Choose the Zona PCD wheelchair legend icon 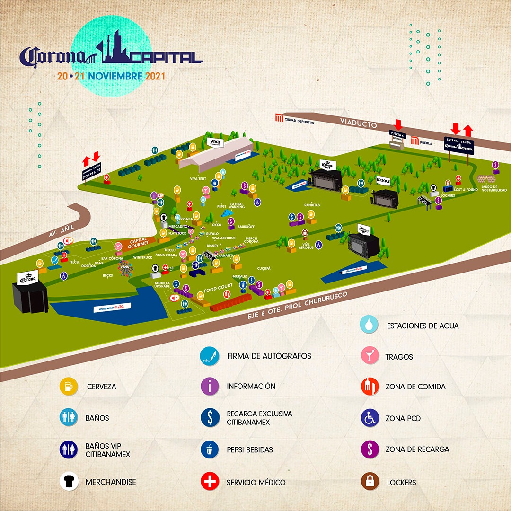click(370, 418)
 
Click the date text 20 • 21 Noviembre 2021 click(111, 75)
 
